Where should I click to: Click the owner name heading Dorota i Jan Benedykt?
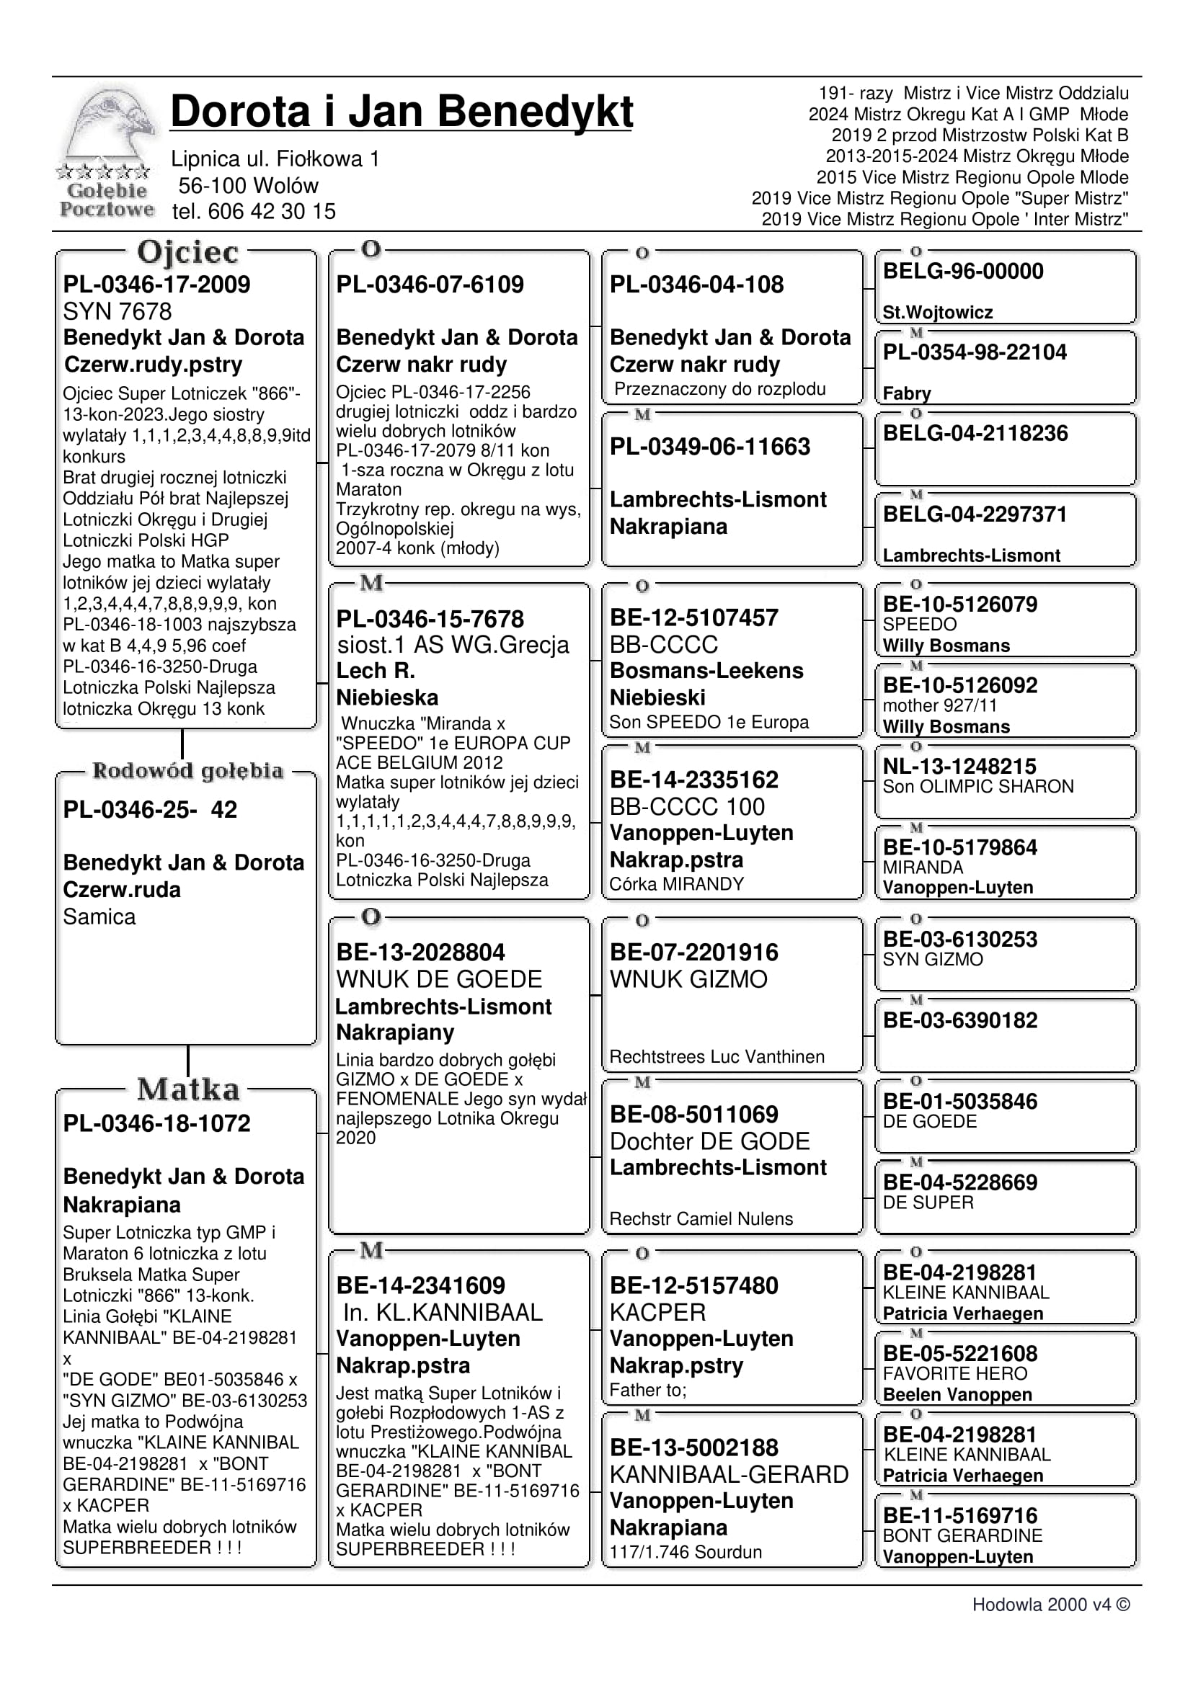coord(401,112)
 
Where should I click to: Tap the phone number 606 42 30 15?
coord(271,212)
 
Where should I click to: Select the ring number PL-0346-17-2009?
coord(156,284)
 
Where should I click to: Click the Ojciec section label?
coord(187,252)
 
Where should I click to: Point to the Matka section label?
coord(188,1089)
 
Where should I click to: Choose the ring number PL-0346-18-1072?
coord(156,1123)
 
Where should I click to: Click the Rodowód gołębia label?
coord(187,770)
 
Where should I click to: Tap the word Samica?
coord(99,916)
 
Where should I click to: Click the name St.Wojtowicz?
coord(937,312)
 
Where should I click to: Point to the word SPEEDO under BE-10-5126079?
coord(920,624)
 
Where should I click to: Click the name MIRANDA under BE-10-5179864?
coord(923,867)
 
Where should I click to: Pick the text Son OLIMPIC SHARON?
coord(977,787)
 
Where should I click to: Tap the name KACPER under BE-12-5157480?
coord(657,1312)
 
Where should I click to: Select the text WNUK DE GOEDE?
coord(438,979)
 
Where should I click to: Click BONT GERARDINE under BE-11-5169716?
coord(962,1535)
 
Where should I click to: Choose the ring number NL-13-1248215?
coord(959,766)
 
